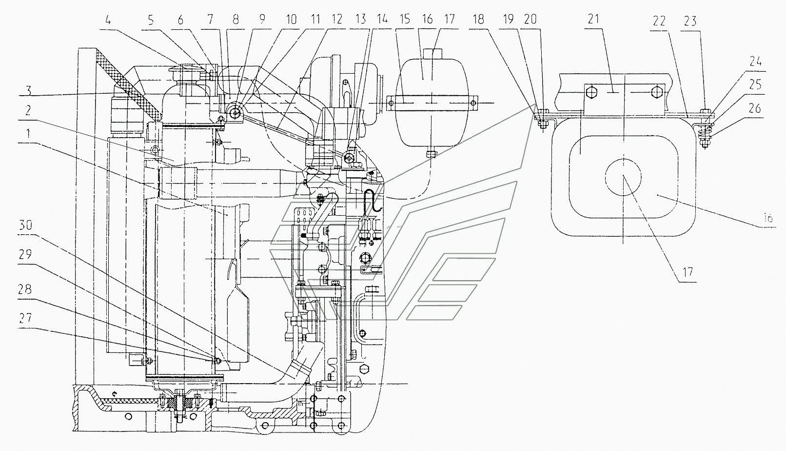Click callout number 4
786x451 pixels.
click(x=108, y=20)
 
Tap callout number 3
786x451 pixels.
click(x=29, y=91)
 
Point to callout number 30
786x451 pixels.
click(x=25, y=225)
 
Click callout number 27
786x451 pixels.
click(x=25, y=318)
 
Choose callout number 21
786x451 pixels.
click(x=593, y=19)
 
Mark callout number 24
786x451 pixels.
click(x=755, y=62)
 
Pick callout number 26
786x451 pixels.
click(x=755, y=108)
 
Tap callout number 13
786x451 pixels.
click(x=360, y=19)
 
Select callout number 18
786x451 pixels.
click(x=478, y=19)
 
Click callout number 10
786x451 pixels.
click(x=291, y=19)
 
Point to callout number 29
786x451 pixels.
click(x=25, y=254)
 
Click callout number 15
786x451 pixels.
click(x=405, y=19)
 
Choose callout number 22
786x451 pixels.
click(x=659, y=21)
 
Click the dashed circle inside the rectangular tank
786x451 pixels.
click(x=623, y=177)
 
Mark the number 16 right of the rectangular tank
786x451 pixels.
click(x=768, y=218)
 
